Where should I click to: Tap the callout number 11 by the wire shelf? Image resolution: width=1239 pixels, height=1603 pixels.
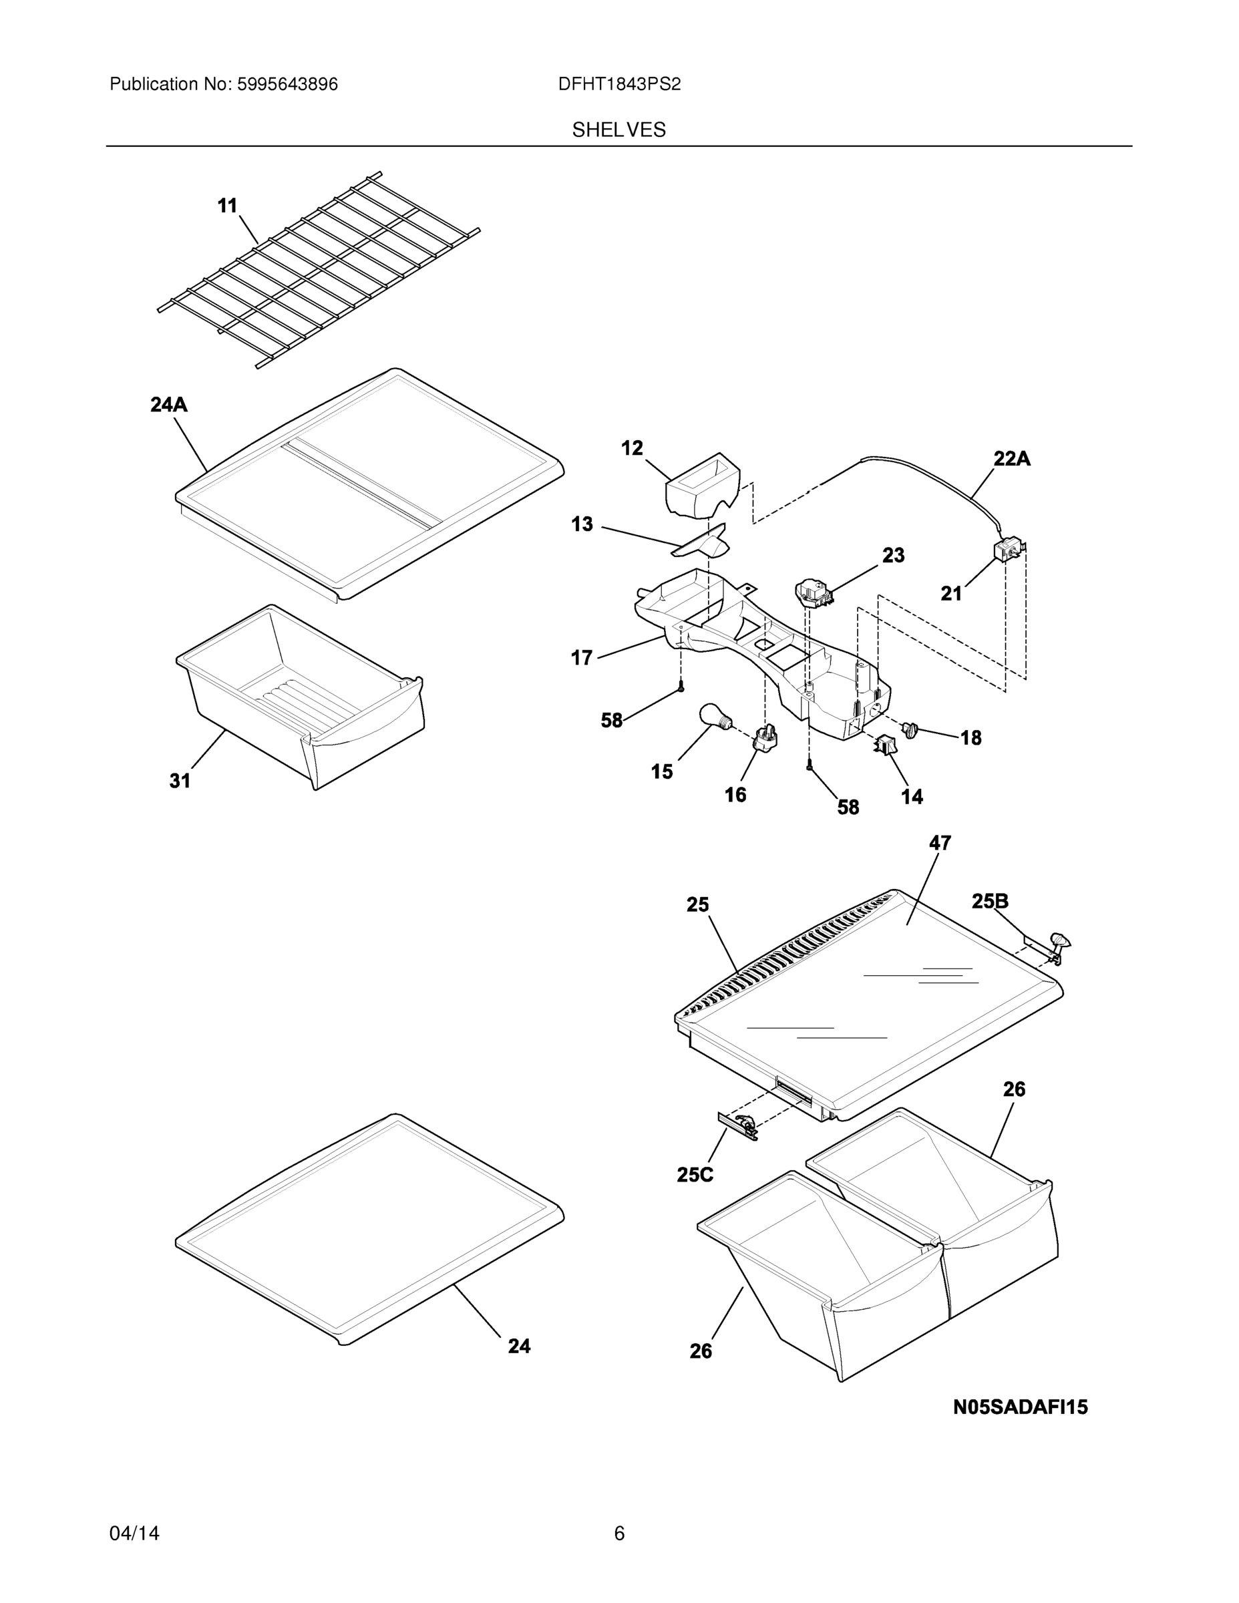pyautogui.click(x=228, y=206)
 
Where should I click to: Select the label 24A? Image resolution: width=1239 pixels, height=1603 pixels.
pyautogui.click(x=169, y=404)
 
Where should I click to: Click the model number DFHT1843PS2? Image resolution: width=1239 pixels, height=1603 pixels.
pyautogui.click(x=618, y=84)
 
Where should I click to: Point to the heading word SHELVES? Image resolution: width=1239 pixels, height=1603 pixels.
pyautogui.click(x=618, y=130)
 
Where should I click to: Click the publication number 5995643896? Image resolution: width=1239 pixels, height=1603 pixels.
pyautogui.click(x=287, y=84)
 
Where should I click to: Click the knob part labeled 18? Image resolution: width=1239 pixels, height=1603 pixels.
pyautogui.click(x=911, y=729)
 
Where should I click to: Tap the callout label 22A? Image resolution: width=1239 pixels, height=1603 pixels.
pyautogui.click(x=1011, y=459)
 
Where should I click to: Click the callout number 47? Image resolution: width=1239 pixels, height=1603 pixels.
pyautogui.click(x=940, y=844)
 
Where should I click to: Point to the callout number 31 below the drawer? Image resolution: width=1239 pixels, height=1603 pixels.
pyautogui.click(x=180, y=781)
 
